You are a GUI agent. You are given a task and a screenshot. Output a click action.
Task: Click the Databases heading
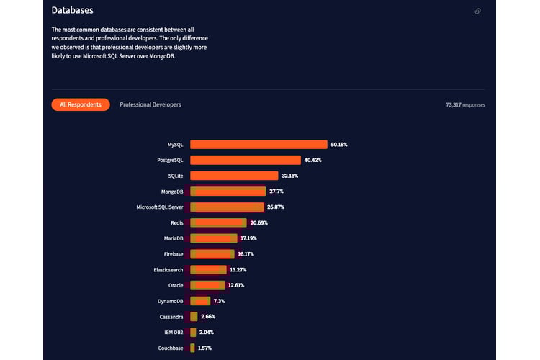point(72,11)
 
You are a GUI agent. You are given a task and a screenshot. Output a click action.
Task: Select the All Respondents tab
point(81,104)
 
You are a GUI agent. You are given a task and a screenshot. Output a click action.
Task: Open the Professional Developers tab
point(150,104)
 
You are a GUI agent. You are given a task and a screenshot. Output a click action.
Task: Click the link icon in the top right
point(478,12)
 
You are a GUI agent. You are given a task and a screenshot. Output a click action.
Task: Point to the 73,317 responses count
point(465,105)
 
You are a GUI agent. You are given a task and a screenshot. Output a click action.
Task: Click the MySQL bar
point(258,145)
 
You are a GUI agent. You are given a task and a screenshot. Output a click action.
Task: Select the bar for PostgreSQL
point(246,160)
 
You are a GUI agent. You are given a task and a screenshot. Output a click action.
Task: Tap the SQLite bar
point(234,176)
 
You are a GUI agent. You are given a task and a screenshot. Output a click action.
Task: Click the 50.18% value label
point(339,145)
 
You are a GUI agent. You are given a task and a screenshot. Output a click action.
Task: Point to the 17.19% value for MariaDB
point(249,238)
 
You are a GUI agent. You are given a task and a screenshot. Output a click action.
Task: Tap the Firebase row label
point(174,254)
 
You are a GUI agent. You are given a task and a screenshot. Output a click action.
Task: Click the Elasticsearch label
point(167,270)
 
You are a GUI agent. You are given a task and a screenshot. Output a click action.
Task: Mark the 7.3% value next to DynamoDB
point(220,301)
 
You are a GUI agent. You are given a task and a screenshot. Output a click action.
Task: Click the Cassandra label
point(171,317)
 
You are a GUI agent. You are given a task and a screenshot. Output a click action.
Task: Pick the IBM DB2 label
point(173,332)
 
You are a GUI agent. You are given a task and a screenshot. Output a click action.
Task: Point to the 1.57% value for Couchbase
point(205,348)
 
